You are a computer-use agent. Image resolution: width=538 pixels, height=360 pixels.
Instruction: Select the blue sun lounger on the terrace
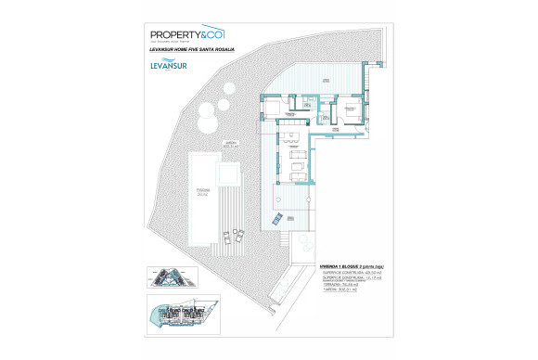276,220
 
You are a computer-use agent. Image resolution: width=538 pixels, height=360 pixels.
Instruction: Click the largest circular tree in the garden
208,125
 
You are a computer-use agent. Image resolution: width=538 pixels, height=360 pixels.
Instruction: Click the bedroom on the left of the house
275,109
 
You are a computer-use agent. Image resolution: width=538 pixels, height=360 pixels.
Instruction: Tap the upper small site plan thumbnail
168,278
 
